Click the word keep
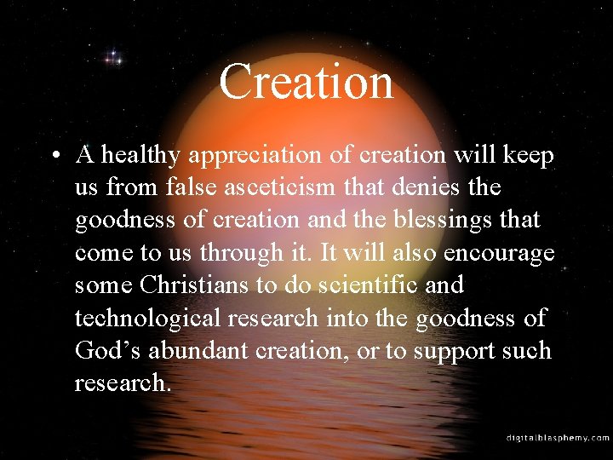pos(529,156)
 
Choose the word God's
pos(106,351)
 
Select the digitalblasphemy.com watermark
pos(558,437)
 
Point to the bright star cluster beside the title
pos(112,59)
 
